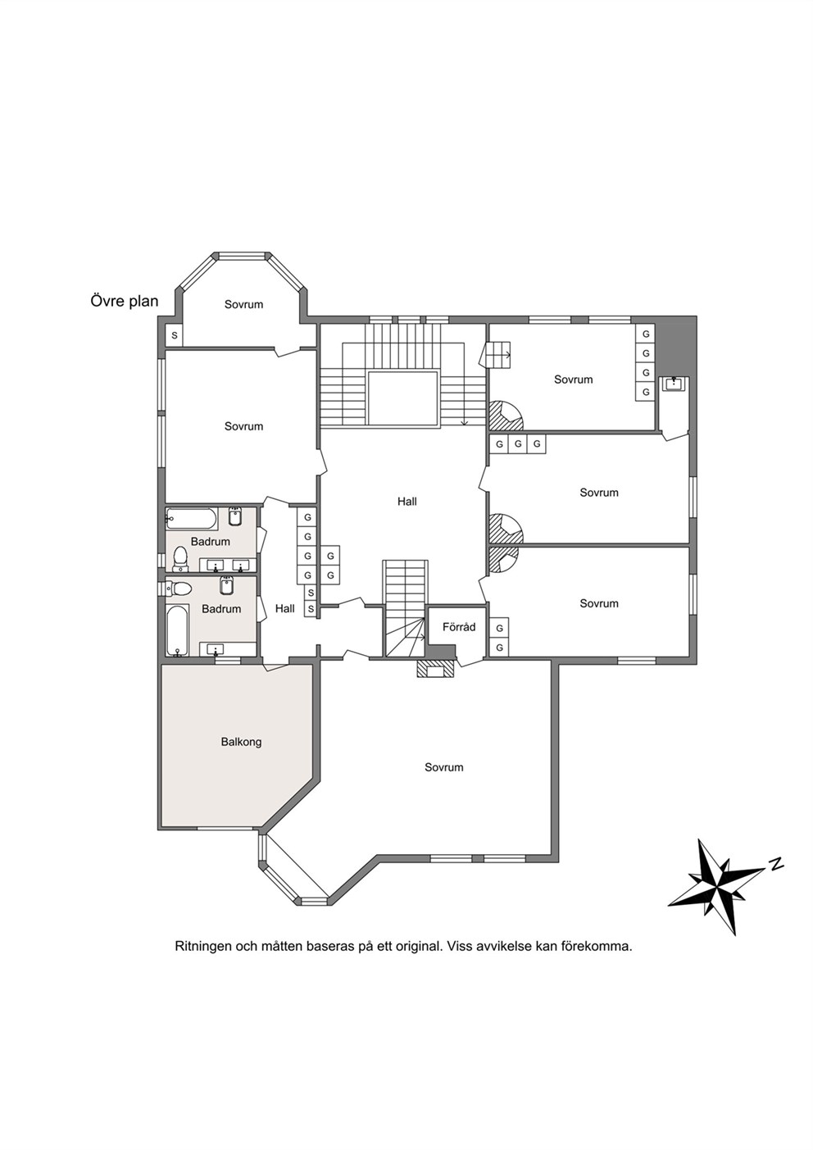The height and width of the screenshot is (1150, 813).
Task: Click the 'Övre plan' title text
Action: (x=125, y=302)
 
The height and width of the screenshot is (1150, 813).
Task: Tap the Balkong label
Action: (x=241, y=742)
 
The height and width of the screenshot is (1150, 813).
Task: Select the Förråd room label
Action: (x=459, y=627)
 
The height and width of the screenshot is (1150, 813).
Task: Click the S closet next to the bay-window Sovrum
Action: (x=175, y=336)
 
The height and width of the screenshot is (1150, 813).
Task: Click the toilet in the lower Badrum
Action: (x=178, y=589)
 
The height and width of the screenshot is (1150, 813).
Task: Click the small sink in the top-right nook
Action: (x=674, y=384)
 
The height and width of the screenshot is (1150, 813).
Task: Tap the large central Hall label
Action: (x=407, y=502)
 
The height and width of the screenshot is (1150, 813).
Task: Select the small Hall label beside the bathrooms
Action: (x=285, y=608)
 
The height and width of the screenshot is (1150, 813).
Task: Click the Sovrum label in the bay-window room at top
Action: (x=243, y=304)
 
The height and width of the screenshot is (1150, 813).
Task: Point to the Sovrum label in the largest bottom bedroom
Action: (x=444, y=767)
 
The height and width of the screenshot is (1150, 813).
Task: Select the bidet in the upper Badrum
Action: (x=235, y=517)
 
